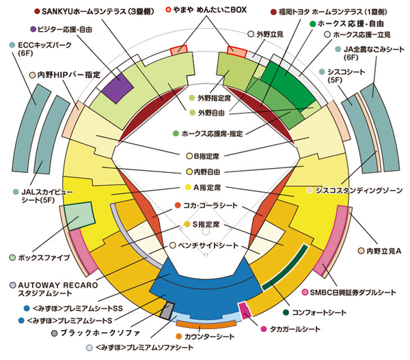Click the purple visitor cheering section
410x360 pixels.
(117, 87)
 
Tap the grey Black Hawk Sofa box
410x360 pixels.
(167, 311)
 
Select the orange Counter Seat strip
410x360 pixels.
(206, 324)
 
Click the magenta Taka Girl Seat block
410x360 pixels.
(245, 310)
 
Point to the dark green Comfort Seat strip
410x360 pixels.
(286, 266)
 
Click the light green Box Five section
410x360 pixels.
(79, 216)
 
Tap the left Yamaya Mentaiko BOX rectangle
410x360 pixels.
(179, 50)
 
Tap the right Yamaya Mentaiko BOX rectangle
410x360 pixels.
(236, 51)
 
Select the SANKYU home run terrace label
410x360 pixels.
(98, 12)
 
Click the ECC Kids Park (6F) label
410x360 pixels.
(44, 49)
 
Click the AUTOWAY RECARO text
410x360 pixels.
(58, 285)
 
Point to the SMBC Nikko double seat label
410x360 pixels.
(353, 292)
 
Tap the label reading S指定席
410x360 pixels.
(206, 224)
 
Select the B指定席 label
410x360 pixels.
(206, 156)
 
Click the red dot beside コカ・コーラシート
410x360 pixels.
(178, 205)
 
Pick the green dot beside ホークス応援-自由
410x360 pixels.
(313, 24)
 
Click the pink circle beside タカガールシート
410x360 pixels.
(264, 329)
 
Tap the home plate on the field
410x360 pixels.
(206, 254)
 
